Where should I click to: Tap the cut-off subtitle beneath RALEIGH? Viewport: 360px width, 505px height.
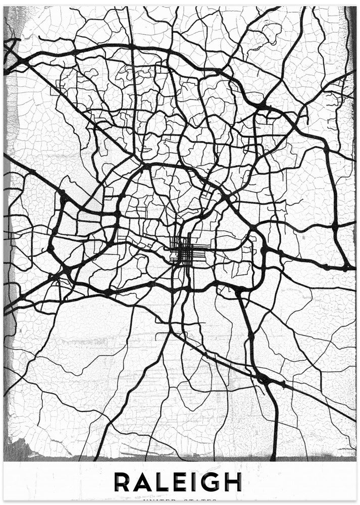180,500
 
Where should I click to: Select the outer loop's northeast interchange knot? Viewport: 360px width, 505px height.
263,106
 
